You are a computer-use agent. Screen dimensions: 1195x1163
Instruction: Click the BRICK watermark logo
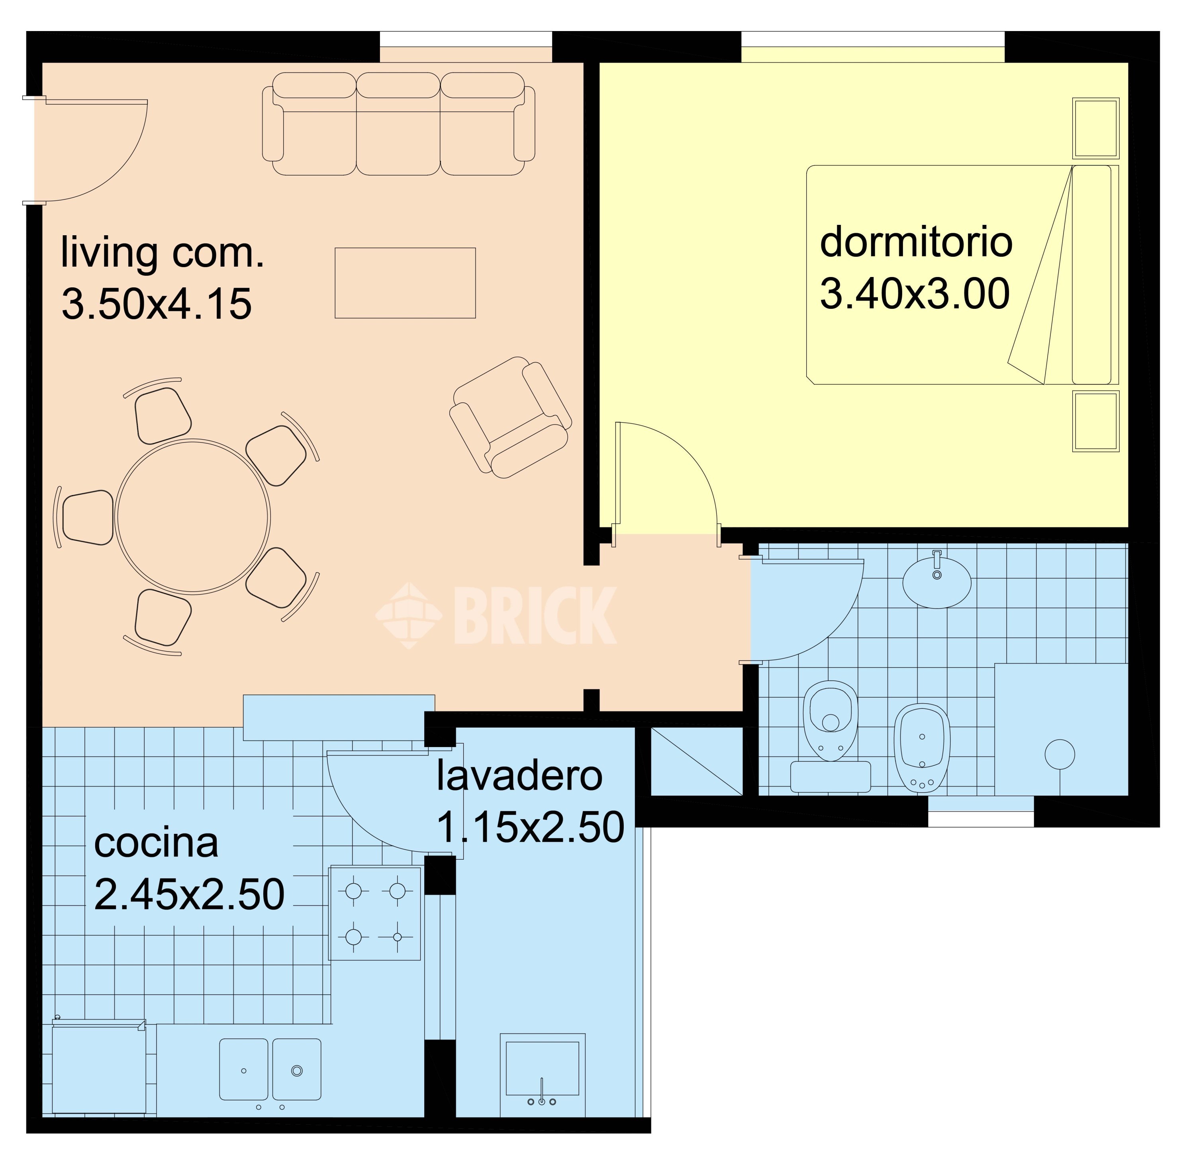(496, 615)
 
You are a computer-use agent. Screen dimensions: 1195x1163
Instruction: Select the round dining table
(192, 516)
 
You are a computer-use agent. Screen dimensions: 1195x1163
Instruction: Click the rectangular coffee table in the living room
(405, 283)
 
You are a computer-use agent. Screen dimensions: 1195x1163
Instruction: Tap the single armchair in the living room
(510, 417)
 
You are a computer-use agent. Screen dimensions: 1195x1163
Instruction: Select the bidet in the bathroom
(922, 747)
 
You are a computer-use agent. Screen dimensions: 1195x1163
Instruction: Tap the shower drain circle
(1060, 754)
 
